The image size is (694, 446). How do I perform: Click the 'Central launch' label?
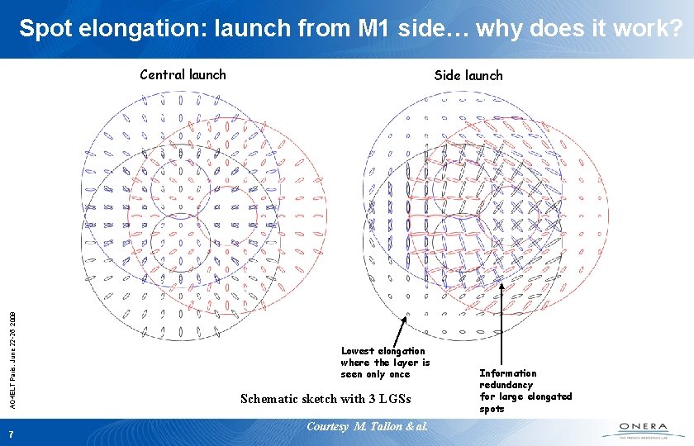(183, 75)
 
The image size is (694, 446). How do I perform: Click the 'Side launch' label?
(468, 76)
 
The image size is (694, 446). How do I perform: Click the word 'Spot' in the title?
(45, 30)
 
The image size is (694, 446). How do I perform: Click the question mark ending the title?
(675, 30)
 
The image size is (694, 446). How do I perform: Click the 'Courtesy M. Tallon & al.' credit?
(367, 426)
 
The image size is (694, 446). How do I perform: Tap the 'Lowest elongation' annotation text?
(383, 351)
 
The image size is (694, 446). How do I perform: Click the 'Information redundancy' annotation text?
(507, 379)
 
